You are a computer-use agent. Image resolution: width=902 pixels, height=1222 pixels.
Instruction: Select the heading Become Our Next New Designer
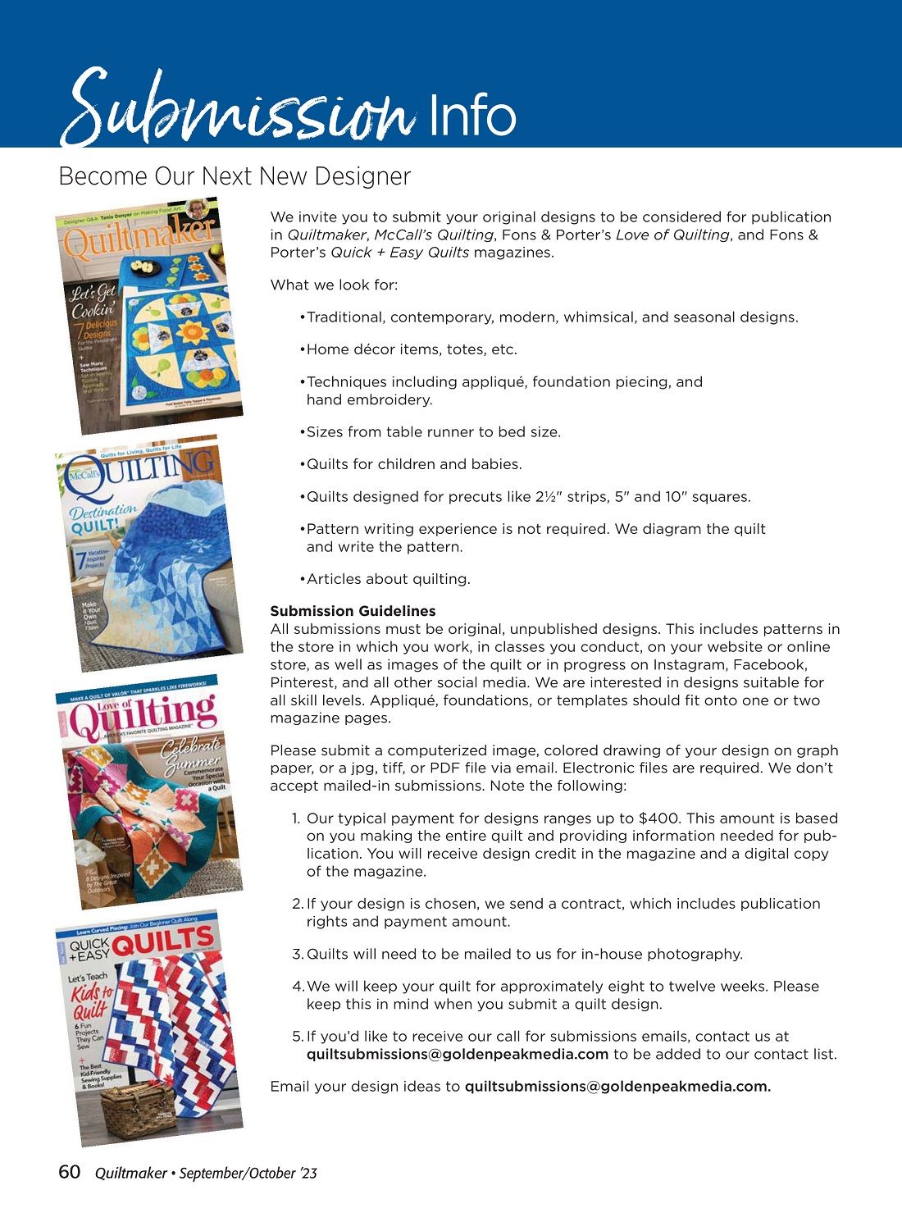tap(235, 176)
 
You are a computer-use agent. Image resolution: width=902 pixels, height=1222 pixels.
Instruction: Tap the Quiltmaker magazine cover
tap(149, 315)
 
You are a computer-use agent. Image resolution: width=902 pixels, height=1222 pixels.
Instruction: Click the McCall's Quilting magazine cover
tap(149, 553)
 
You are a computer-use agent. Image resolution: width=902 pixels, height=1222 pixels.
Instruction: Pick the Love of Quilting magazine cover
tap(149, 791)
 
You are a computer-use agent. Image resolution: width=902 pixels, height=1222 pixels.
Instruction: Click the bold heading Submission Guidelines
tap(353, 611)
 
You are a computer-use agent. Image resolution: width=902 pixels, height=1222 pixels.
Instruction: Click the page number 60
tap(70, 1172)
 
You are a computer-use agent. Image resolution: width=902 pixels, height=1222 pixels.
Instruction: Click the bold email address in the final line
tap(617, 1087)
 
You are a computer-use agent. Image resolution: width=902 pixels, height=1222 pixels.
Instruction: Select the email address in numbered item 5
tap(458, 1055)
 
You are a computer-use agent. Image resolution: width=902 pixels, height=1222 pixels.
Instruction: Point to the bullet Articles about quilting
tap(388, 579)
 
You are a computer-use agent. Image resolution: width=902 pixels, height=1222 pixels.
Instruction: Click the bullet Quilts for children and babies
tap(414, 464)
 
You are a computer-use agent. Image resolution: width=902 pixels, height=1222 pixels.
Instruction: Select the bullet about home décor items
tap(412, 349)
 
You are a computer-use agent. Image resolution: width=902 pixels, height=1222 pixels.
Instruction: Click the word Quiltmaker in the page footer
tap(130, 1174)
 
